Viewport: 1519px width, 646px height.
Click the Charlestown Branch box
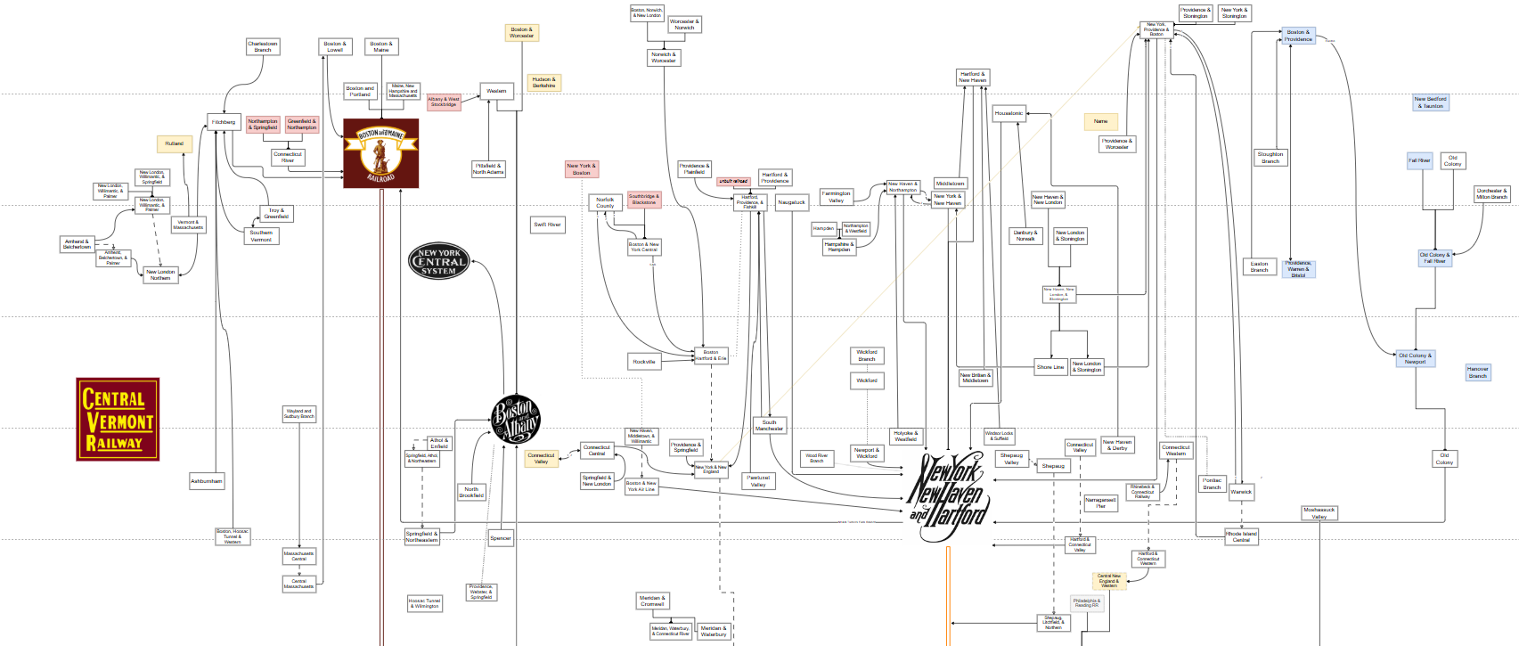tap(263, 47)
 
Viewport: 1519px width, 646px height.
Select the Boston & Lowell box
tap(335, 47)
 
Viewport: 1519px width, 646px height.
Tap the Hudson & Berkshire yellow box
tap(543, 83)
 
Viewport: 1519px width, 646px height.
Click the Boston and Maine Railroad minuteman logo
tap(381, 153)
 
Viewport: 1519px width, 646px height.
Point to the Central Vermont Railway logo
tap(118, 419)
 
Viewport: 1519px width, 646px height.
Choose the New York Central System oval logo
tap(438, 262)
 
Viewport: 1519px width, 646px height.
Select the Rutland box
tap(174, 143)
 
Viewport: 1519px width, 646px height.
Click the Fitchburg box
tap(223, 122)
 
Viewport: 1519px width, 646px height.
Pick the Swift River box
tap(547, 225)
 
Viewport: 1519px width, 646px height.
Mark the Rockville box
tap(644, 362)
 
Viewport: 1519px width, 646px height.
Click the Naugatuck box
tap(791, 203)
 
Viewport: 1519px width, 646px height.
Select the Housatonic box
tap(1009, 113)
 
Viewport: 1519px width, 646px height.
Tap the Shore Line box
tap(1050, 367)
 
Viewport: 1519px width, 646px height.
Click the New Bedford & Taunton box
tap(1431, 103)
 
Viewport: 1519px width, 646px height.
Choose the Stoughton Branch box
tap(1270, 158)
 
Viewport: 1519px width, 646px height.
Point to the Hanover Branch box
tap(1477, 372)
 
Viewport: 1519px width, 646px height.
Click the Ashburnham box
tap(207, 481)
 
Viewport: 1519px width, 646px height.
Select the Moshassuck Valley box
tap(1319, 513)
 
